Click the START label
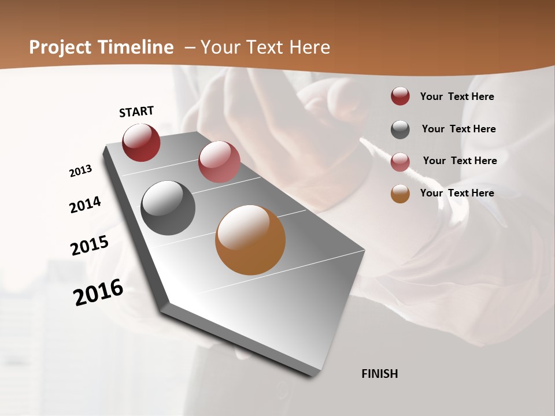pos(136,112)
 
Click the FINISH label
pos(380,374)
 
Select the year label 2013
pos(80,171)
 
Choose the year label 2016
pos(98,292)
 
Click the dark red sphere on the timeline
pos(141,142)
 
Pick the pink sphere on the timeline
pos(219,162)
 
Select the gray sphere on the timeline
pos(168,208)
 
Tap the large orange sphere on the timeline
pos(250,240)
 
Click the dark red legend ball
pos(400,96)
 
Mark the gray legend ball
pos(400,129)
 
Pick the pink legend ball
pos(400,162)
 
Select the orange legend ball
pos(400,194)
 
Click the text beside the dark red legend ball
pos(457,97)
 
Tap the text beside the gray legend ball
pos(458,129)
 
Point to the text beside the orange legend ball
pos(457,193)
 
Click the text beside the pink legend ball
pos(460,161)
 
